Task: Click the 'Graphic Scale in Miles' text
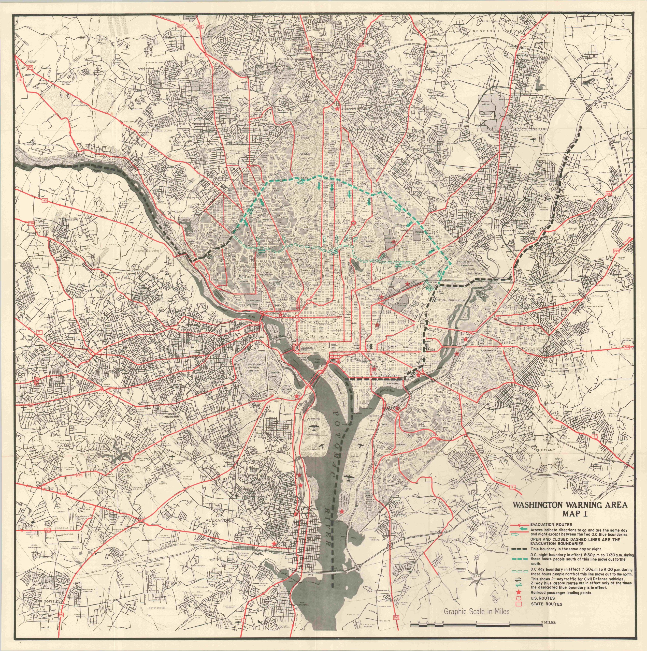click(x=476, y=611)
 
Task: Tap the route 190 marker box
click(x=30, y=67)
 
